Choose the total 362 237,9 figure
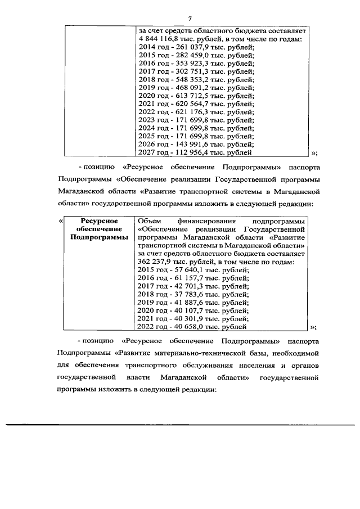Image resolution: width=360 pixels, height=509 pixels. (x=155, y=262)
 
